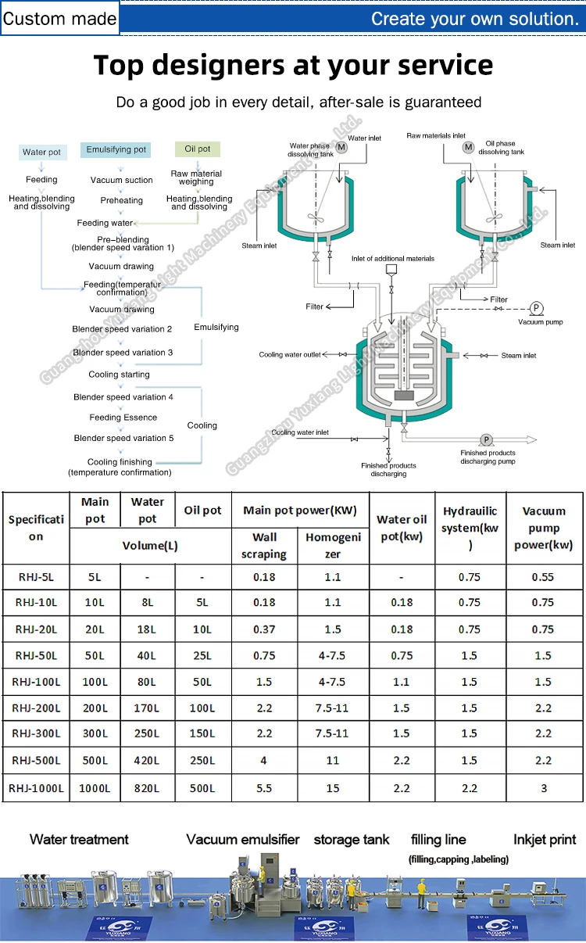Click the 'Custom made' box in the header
tap(59, 19)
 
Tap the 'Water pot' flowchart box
tap(41, 152)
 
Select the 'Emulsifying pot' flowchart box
tap(116, 149)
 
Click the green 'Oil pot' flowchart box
tap(197, 149)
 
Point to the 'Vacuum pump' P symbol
tap(536, 308)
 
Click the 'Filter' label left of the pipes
tap(315, 307)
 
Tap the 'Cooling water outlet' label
tap(290, 355)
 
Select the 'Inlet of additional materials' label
tap(393, 258)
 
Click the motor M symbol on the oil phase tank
tap(469, 147)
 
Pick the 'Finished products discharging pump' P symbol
tap(486, 440)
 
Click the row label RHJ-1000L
tap(37, 788)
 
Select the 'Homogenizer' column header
tap(333, 545)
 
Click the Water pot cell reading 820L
tap(147, 788)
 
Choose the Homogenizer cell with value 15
tap(333, 788)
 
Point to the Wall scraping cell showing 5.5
tap(264, 788)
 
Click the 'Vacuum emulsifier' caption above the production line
tap(243, 839)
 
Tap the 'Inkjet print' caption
tap(545, 839)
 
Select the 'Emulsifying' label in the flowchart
tap(216, 327)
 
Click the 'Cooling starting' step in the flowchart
tap(119, 375)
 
